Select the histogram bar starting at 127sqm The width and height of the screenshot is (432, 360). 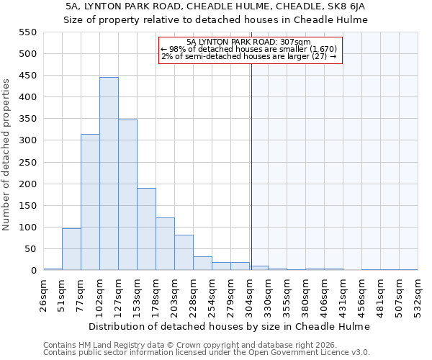click(127, 195)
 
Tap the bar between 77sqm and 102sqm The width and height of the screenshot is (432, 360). click(90, 202)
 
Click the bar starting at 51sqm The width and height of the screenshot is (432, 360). click(71, 249)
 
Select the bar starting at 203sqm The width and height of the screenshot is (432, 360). click(184, 253)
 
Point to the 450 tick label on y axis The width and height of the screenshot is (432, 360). click(27, 76)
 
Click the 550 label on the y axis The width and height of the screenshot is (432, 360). click(27, 32)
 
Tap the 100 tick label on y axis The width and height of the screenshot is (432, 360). click(27, 228)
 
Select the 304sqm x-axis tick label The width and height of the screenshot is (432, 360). click(250, 294)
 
